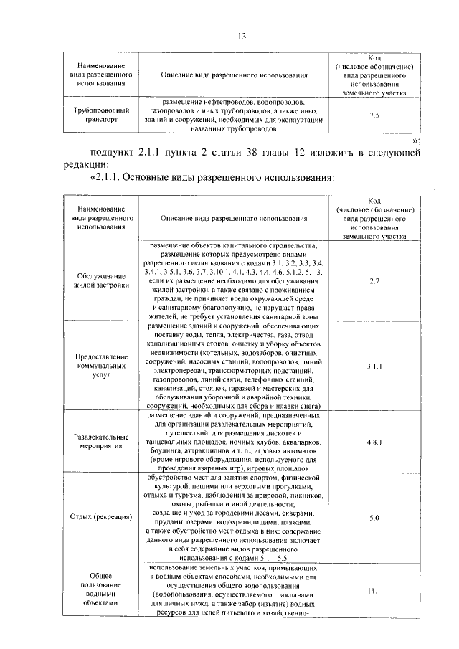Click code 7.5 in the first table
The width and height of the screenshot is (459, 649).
click(374, 115)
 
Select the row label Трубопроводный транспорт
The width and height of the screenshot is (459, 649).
click(102, 115)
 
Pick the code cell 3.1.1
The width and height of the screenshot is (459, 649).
click(374, 366)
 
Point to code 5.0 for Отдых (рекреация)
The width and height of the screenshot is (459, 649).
click(374, 517)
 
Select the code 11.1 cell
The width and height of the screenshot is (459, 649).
click(374, 591)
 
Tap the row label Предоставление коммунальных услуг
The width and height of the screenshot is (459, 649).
click(102, 366)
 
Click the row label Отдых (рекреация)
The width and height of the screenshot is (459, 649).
click(102, 517)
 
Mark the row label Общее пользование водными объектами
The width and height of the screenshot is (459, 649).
click(102, 592)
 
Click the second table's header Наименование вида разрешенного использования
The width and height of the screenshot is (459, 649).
click(102, 217)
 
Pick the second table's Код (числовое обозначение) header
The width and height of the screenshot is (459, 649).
click(374, 217)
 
